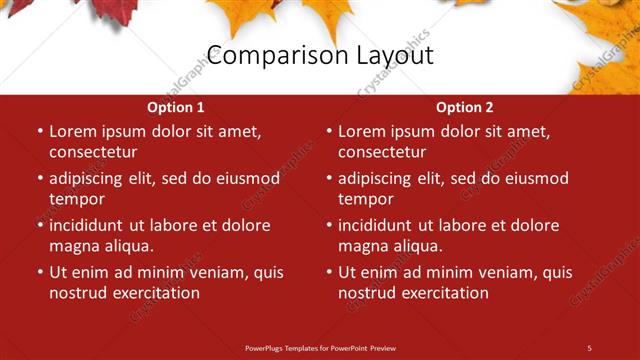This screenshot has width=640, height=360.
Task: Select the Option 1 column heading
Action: click(175, 107)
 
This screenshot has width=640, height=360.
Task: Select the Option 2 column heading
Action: click(465, 107)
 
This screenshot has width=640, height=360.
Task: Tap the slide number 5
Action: click(589, 347)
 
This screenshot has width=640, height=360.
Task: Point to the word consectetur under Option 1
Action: click(93, 152)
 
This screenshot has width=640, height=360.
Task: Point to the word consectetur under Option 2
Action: click(382, 152)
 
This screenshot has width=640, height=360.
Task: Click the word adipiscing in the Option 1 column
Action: click(91, 179)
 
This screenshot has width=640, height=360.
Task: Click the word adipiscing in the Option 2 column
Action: click(380, 179)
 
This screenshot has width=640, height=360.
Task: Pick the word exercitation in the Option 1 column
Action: click(153, 293)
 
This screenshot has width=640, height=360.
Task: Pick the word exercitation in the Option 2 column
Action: click(442, 293)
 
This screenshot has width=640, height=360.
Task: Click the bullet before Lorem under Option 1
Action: click(39, 131)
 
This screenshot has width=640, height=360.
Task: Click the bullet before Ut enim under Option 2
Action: click(328, 272)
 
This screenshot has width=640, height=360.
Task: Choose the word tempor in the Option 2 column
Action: click(365, 199)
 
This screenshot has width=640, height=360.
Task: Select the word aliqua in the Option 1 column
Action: click(125, 246)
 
